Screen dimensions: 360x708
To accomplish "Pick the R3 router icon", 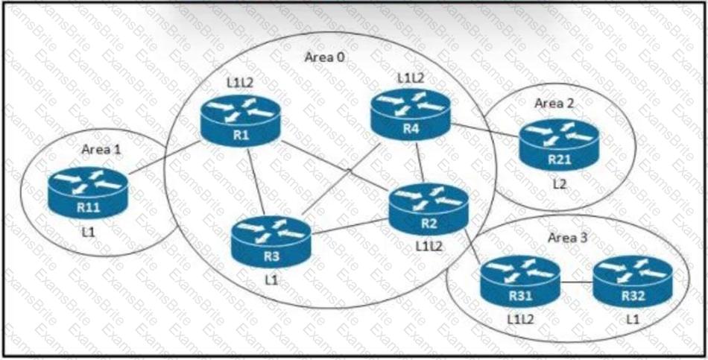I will (270, 241).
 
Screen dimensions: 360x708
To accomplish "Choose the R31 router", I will (519, 281).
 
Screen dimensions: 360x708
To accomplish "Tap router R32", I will (631, 281).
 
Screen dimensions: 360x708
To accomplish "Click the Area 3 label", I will (562, 238).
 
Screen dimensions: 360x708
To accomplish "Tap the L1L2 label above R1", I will (240, 80).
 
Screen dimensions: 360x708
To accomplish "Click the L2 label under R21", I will (559, 183).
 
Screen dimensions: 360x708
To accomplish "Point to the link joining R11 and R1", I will (165, 157).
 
